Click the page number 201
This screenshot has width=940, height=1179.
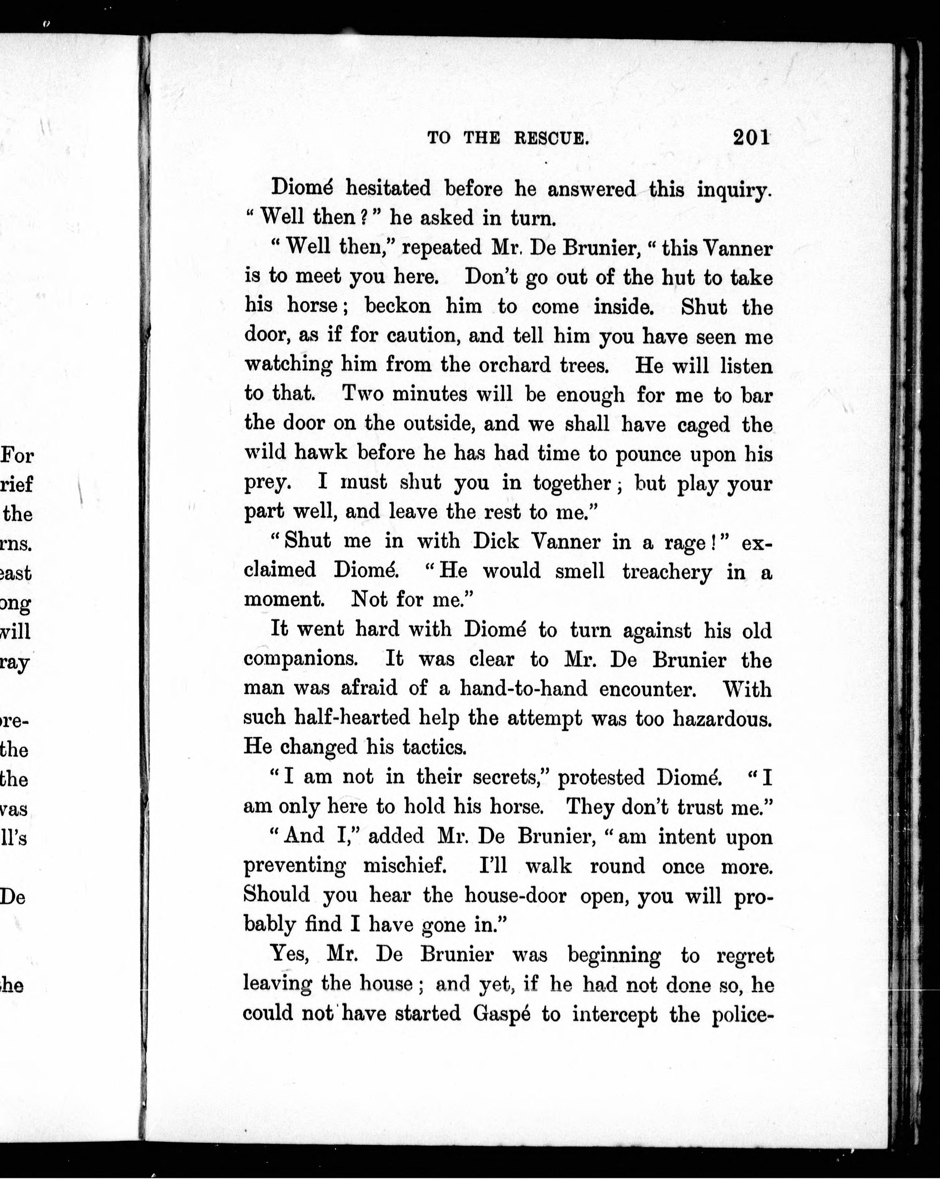pyautogui.click(x=751, y=137)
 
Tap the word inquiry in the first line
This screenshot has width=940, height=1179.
pyautogui.click(x=734, y=190)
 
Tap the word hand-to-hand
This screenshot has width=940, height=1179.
pyautogui.click(x=523, y=688)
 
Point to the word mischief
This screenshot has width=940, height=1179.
pyautogui.click(x=405, y=866)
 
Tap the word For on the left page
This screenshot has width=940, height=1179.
pyautogui.click(x=18, y=455)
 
